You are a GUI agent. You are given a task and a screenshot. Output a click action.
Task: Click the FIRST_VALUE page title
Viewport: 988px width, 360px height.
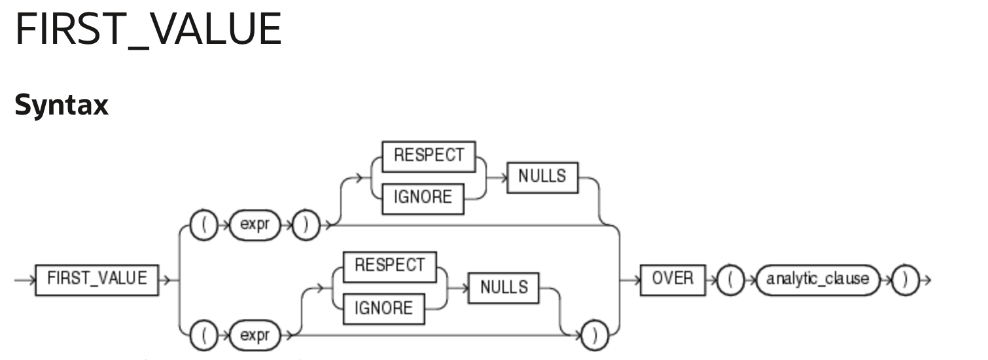(x=148, y=29)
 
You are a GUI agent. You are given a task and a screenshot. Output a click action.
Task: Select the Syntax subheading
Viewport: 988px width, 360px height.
(x=61, y=105)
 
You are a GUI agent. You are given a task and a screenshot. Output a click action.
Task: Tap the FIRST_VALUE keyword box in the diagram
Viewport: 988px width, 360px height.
(x=97, y=279)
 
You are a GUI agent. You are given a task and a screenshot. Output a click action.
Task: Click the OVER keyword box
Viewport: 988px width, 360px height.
(x=673, y=279)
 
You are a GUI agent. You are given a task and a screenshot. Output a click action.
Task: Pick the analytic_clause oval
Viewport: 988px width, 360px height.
(x=818, y=279)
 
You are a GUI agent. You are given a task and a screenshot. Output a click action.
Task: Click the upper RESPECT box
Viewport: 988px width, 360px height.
(x=429, y=156)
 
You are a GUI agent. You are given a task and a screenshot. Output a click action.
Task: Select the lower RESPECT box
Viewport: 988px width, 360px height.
(x=389, y=266)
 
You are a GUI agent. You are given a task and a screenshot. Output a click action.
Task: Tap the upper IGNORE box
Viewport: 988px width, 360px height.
(x=422, y=198)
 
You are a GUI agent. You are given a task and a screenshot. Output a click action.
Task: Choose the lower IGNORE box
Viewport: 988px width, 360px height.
(x=383, y=308)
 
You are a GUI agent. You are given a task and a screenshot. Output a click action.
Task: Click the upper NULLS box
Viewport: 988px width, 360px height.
(x=542, y=177)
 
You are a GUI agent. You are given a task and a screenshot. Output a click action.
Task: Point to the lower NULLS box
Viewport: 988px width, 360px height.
(x=504, y=287)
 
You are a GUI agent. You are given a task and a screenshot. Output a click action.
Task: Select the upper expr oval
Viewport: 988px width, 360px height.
(x=255, y=225)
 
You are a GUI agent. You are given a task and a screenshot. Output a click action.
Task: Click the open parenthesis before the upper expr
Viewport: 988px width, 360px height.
(x=204, y=225)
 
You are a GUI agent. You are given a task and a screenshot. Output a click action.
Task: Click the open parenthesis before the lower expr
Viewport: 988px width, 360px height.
(x=204, y=336)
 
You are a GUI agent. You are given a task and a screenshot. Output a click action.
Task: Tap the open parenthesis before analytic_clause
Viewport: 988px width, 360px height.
(x=730, y=279)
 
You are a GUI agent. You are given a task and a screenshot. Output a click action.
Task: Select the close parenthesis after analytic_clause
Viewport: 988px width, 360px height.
(x=906, y=279)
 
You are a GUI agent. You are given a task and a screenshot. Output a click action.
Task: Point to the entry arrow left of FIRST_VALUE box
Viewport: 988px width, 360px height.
(x=24, y=279)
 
